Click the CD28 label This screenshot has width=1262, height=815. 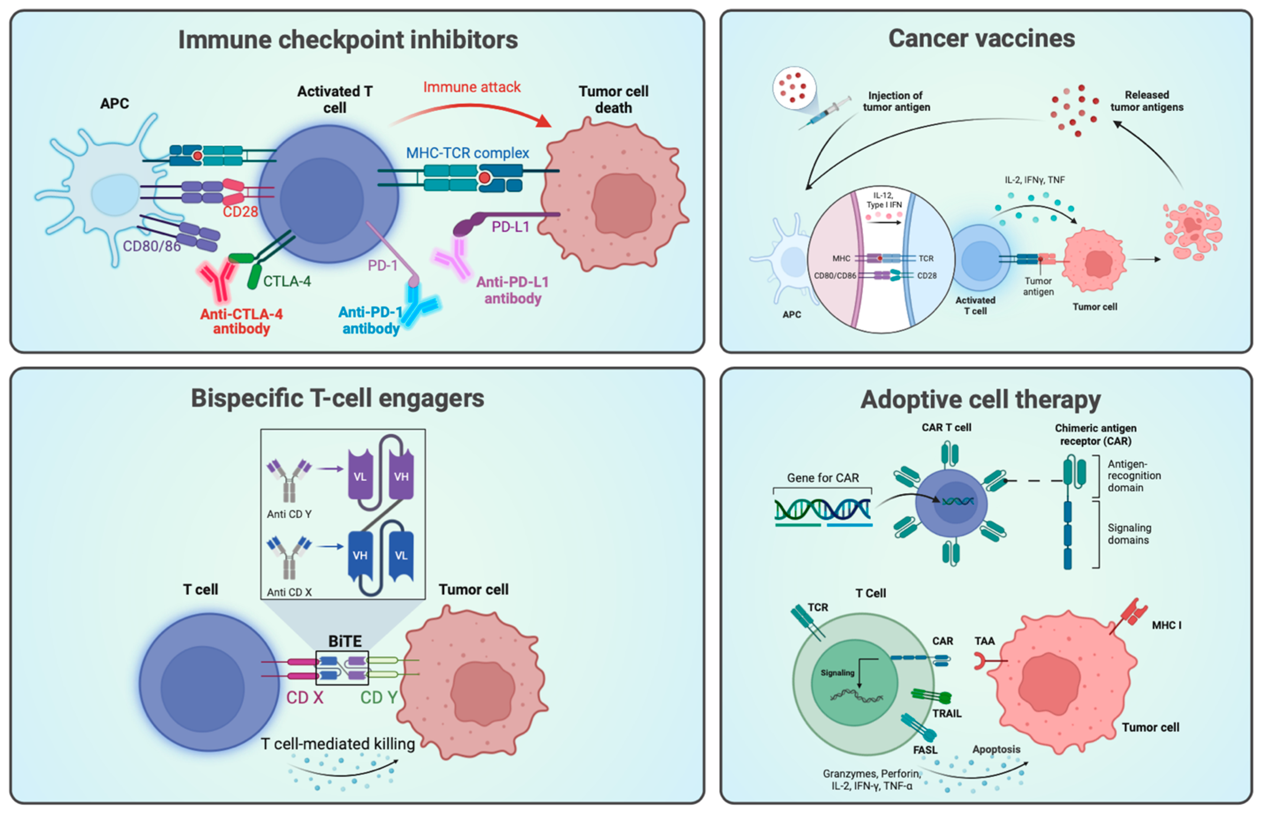(240, 212)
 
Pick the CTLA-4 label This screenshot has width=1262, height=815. (287, 281)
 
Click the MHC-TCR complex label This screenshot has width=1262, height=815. (467, 153)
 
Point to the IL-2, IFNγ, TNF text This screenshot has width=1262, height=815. (1034, 180)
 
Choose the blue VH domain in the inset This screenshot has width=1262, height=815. (360, 555)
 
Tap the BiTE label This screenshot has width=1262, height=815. (345, 641)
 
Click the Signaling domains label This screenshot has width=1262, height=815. (1129, 534)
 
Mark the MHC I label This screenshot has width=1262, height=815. (1166, 625)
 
